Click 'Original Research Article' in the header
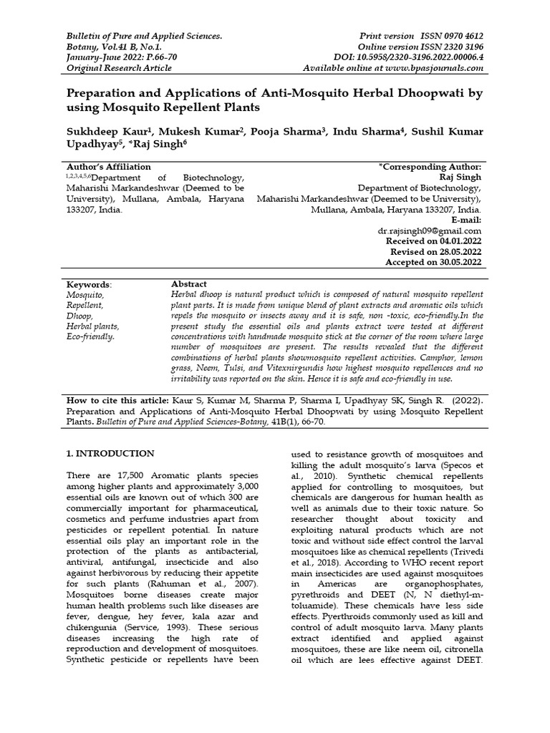click(119, 67)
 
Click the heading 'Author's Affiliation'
click(108, 166)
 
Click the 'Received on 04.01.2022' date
click(433, 241)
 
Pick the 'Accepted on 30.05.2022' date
click(434, 263)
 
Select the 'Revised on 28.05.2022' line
click(435, 252)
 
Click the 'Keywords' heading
click(89, 284)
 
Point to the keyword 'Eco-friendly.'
click(90, 336)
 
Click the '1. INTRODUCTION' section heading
click(110, 453)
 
